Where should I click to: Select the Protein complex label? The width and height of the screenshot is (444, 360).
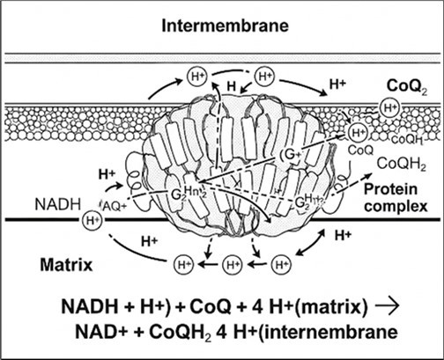click(x=396, y=199)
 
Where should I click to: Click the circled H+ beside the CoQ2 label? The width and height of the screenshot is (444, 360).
click(x=388, y=107)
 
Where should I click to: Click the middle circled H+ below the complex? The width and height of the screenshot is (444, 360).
click(x=233, y=262)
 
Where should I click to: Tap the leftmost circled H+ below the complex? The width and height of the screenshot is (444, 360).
click(x=182, y=262)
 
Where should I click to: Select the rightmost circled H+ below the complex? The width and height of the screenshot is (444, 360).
click(x=282, y=262)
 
